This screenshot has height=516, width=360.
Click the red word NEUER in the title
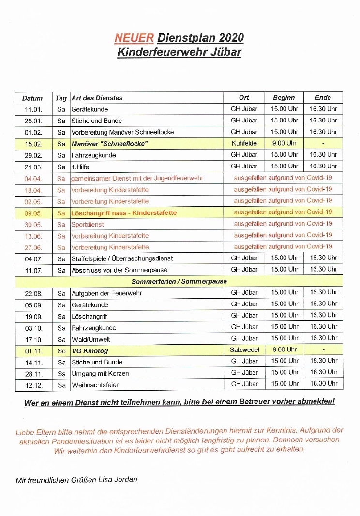[x=134, y=38]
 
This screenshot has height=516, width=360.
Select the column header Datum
[x=32, y=98]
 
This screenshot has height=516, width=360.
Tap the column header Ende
[x=323, y=97]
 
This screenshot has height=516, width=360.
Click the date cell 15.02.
[x=33, y=144]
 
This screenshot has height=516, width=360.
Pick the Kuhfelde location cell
[x=244, y=143]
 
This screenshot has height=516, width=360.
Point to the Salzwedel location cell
[x=244, y=349]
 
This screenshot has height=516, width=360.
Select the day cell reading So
[x=61, y=350]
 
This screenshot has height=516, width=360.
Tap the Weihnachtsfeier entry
[x=95, y=385]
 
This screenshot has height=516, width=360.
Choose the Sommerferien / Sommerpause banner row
[x=179, y=281]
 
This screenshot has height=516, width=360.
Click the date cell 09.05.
[x=33, y=213]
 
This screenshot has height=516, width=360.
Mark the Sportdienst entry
[x=88, y=225]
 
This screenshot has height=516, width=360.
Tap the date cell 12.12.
[x=33, y=385]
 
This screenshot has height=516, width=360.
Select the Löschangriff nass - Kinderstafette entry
[x=124, y=213]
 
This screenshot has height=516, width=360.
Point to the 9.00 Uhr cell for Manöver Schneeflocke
[x=284, y=143]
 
